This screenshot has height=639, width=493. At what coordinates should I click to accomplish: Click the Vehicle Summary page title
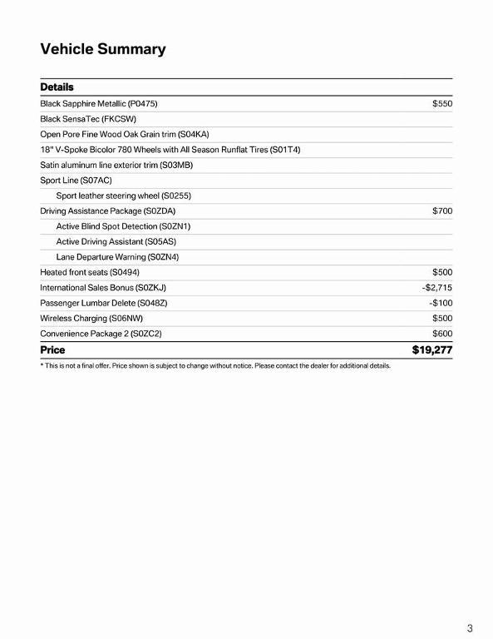pos(103,49)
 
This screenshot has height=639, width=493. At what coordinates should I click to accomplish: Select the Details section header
pos(57,87)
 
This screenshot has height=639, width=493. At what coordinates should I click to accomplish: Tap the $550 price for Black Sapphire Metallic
pos(441,104)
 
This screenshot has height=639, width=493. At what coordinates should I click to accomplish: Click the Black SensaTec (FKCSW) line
pos(88,119)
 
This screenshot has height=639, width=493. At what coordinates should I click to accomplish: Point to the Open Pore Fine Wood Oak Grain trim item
pos(125,134)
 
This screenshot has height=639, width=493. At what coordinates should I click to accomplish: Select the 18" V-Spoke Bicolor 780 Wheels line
pos(170,150)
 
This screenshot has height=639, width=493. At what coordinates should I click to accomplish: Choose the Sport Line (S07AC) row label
pos(76,181)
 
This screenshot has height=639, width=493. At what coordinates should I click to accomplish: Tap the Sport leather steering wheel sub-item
pos(123,196)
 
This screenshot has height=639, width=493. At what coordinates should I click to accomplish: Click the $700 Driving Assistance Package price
pos(441,211)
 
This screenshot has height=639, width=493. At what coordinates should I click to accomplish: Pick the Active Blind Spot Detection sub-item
pos(123,226)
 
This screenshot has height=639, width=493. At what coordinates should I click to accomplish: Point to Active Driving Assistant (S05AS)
pos(116,241)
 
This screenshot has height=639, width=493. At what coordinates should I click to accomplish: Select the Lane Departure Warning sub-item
pos(117,257)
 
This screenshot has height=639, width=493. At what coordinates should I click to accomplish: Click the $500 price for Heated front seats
pos(441,272)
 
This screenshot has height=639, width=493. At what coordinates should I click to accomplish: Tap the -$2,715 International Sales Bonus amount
pos(436,288)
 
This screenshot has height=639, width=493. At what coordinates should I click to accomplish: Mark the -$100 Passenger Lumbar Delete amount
pos(440,303)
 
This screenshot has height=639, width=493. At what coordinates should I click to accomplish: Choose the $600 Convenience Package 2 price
pos(441,334)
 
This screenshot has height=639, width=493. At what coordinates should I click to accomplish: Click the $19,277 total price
pos(431,350)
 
